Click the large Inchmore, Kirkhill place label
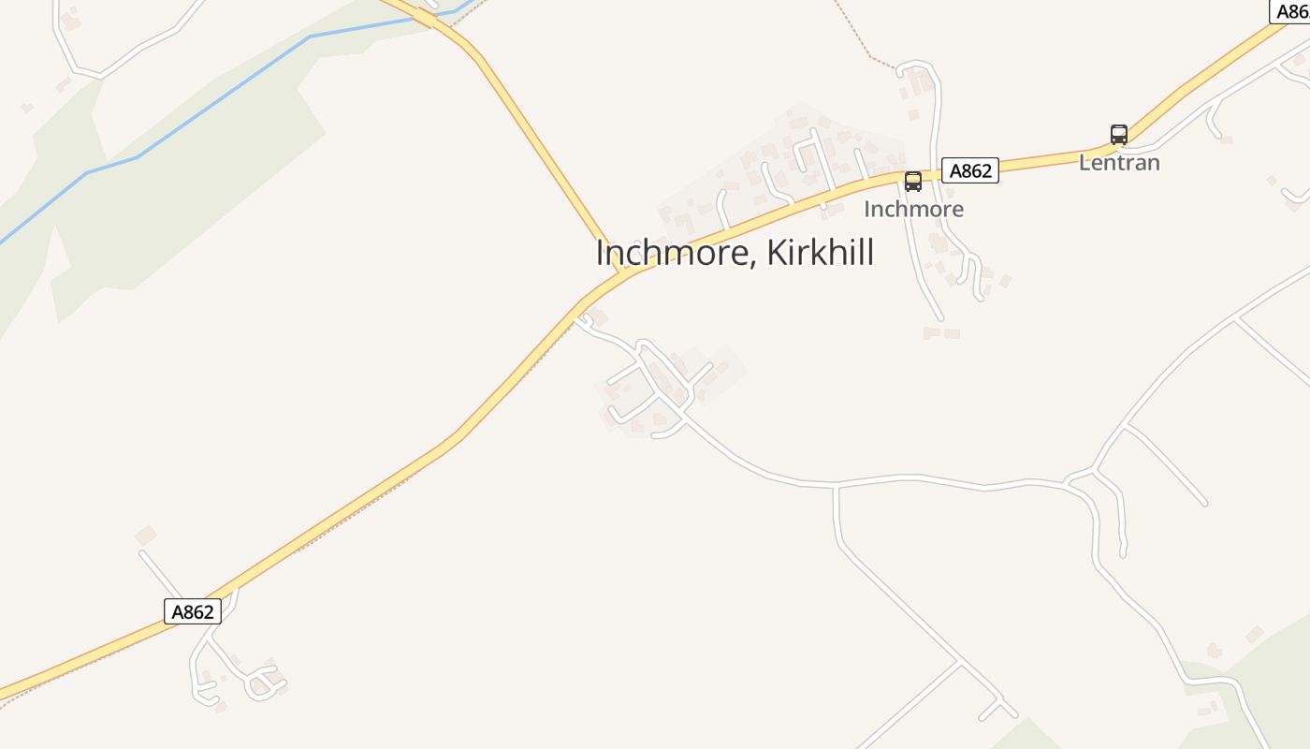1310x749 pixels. pos(735,253)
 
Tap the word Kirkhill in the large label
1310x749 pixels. pos(821,253)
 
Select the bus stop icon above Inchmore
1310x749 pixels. pos(913,182)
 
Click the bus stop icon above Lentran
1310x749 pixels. pos(1118,135)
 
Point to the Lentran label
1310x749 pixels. pos(1119,163)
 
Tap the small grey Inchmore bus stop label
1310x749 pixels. pos(913,209)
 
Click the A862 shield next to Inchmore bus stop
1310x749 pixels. pos(969,170)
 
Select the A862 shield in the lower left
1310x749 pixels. pos(193,612)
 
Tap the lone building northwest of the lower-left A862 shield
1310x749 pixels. pos(145,536)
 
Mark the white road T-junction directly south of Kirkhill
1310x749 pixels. pos(836,487)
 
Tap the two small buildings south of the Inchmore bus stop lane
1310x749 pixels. pos(941,332)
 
